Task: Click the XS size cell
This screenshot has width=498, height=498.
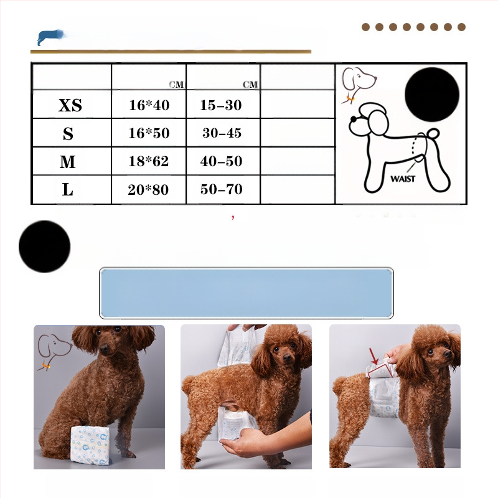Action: [70, 105]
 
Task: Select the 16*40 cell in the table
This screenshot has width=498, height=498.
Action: [149, 105]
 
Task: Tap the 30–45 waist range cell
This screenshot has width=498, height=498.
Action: [222, 133]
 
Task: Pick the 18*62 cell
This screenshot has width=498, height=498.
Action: [148, 161]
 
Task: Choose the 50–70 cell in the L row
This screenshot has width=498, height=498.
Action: [222, 189]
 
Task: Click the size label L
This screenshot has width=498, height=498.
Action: [68, 190]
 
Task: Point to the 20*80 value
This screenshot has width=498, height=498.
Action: [148, 190]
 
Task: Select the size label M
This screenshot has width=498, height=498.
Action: [68, 162]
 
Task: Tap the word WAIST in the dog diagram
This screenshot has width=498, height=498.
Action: [403, 179]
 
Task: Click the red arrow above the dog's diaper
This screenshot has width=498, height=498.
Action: [374, 356]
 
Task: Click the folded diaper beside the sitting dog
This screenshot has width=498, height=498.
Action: [90, 445]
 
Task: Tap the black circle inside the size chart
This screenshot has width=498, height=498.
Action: [432, 95]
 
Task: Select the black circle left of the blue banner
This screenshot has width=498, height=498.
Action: [44, 247]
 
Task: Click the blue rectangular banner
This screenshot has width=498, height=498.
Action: [246, 293]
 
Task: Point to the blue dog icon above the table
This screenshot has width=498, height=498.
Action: [50, 37]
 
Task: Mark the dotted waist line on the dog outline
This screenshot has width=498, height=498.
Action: [413, 147]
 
